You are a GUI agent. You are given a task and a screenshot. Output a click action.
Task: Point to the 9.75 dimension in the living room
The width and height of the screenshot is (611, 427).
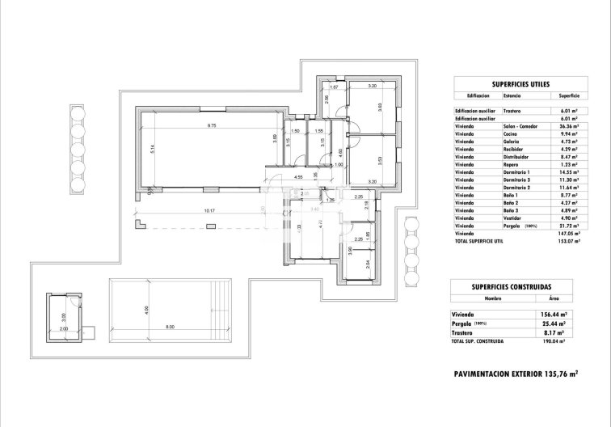click(212, 125)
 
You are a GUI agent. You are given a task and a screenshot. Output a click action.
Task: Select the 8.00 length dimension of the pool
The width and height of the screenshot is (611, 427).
click(170, 327)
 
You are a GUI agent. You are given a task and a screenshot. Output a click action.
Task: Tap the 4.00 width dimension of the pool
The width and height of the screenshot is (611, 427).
click(146, 309)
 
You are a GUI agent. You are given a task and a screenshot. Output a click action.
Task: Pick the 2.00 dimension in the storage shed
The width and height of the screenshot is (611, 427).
click(64, 330)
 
